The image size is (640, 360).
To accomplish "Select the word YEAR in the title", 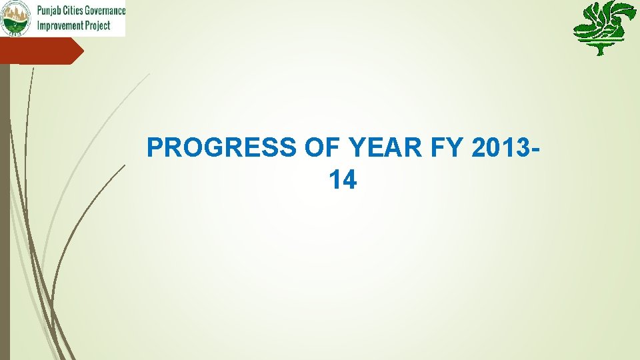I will [385, 148].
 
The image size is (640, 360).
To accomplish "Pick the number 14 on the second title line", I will [343, 179].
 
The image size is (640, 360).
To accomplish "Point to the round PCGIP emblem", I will [16, 18].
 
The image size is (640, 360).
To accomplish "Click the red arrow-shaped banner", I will [40, 51].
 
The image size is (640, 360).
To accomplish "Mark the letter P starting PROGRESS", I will [154, 148].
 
